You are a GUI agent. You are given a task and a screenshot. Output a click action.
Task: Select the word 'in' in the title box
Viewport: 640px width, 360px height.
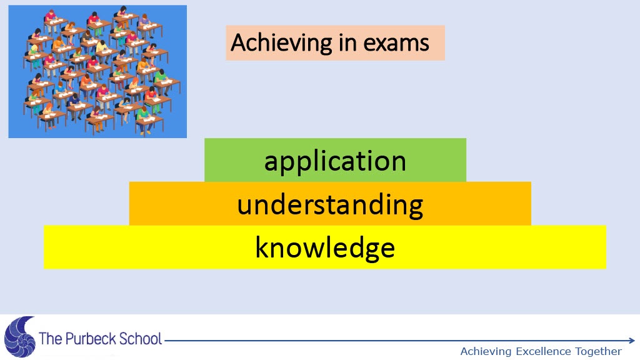coord(346,42)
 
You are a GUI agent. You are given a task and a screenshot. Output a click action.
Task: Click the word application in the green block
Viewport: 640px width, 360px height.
coord(335,162)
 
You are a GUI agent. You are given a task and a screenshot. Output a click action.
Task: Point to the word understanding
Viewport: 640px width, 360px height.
coord(330,205)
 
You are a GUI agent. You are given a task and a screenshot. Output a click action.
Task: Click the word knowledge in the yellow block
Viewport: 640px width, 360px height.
coord(325,247)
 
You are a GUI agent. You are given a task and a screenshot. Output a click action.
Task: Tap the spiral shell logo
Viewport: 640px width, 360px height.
coord(19,337)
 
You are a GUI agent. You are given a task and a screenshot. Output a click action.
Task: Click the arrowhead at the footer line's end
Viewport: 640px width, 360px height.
coord(632,341)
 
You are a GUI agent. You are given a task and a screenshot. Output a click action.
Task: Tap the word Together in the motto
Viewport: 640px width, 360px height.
coord(598,351)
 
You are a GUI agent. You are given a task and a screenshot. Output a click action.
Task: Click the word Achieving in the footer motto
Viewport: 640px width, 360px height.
coord(486,351)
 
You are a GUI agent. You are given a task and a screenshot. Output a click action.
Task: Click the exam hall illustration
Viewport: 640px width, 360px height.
coord(97,71)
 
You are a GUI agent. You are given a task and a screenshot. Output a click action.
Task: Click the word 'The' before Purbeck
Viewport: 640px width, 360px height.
coord(51,339)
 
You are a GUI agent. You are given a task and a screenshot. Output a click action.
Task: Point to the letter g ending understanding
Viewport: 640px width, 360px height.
coord(414,208)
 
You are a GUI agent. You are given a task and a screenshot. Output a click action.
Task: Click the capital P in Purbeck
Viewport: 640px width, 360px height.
coord(69,339)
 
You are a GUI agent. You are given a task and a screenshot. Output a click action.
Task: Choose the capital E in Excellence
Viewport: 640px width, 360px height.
coord(519,351)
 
